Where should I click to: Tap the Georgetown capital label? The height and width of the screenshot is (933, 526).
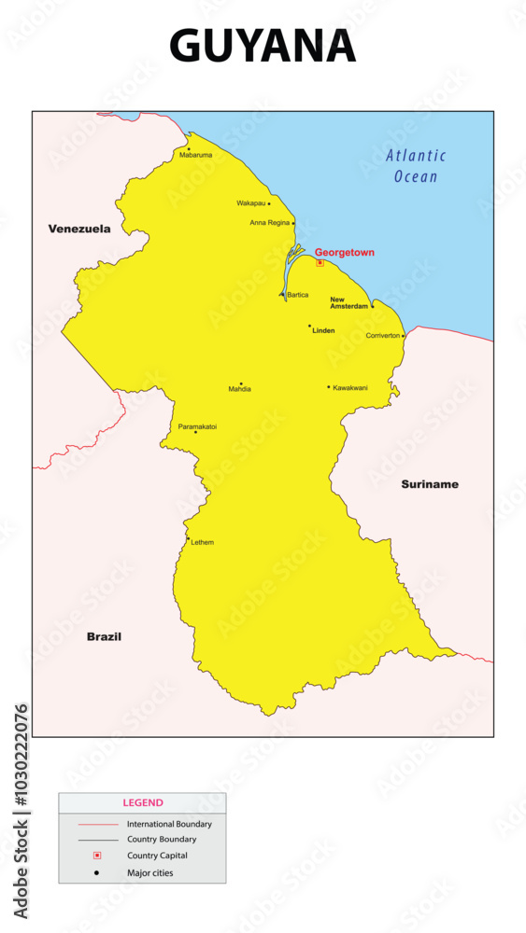click(345, 252)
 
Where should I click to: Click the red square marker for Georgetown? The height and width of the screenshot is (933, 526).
click(320, 263)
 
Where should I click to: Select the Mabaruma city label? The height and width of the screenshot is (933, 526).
click(196, 155)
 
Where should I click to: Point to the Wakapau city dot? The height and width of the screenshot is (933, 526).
click(269, 203)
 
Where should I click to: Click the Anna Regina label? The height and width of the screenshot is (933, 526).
click(270, 223)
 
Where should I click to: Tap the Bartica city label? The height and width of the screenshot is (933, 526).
click(298, 295)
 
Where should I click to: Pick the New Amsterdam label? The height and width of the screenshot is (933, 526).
click(348, 302)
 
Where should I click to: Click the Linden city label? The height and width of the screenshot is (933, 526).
click(323, 330)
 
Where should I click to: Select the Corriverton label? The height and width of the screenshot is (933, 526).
click(383, 335)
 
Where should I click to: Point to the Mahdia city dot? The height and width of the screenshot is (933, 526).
click(241, 383)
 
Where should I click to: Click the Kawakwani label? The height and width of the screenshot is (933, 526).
click(350, 387)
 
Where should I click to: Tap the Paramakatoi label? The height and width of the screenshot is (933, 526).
click(197, 426)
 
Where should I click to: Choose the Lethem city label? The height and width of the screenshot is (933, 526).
click(203, 542)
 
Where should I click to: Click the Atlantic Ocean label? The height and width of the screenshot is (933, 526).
click(416, 166)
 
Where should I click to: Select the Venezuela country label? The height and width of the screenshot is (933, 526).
click(79, 229)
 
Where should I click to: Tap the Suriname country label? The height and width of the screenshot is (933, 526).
click(430, 484)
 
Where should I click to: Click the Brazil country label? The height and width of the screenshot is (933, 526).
click(104, 636)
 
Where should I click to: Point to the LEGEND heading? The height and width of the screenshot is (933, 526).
click(143, 802)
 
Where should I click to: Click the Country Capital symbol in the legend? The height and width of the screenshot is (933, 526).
click(97, 856)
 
